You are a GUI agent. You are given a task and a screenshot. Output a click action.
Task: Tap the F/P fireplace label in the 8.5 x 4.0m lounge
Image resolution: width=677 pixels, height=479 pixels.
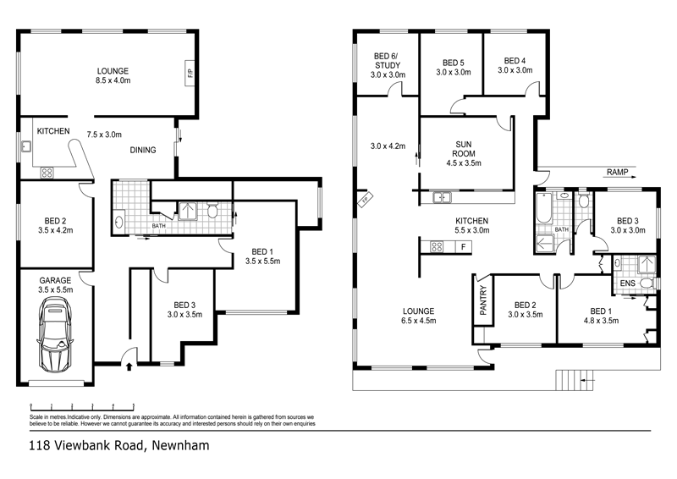[189, 73]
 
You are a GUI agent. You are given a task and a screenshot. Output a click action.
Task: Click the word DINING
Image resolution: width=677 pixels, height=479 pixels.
[143, 151]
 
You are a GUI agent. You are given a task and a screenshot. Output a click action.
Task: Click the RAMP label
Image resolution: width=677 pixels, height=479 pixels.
[618, 172]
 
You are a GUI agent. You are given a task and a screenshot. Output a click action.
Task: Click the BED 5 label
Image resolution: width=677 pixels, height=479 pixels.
[453, 62]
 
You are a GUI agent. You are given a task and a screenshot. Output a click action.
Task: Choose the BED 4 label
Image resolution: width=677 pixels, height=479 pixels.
[515, 60]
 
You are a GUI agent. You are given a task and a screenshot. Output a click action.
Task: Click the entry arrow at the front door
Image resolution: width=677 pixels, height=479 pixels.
[128, 366]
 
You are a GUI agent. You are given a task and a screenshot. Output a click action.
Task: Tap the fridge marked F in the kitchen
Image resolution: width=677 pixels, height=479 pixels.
[463, 247]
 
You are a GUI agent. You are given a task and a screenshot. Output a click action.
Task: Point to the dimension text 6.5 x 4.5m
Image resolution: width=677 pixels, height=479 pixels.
[419, 321]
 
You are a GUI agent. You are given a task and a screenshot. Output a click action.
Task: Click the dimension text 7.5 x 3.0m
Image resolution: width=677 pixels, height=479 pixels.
[105, 134]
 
